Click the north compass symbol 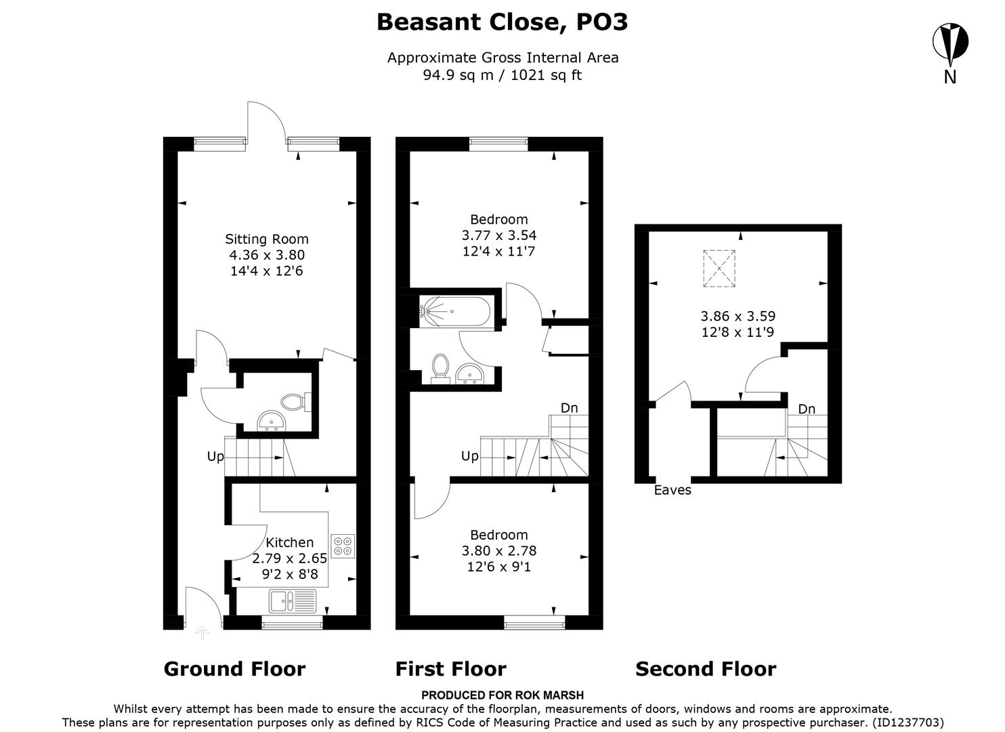coord(949,43)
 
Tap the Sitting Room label coord(267,239)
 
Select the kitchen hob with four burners coord(342,546)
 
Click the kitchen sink coord(292,601)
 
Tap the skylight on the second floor coord(719,268)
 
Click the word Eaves coord(672,490)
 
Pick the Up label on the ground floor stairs coord(215,457)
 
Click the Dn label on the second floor coord(806,409)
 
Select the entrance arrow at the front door coord(202,633)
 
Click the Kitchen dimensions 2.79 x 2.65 coord(290,559)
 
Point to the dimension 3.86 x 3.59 coord(737,316)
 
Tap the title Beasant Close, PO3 coord(502,22)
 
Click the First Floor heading coord(450,670)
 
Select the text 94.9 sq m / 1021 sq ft coord(502,75)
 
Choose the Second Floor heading coord(705,670)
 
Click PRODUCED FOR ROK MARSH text coord(502,695)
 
